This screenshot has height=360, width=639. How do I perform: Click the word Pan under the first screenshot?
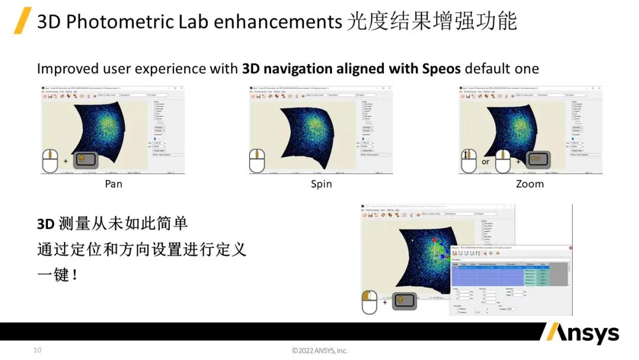pyautogui.click(x=114, y=184)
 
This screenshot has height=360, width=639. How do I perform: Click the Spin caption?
pyautogui.click(x=321, y=184)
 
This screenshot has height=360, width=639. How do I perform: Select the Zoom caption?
pyautogui.click(x=530, y=184)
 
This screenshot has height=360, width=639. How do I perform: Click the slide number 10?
pyautogui.click(x=37, y=351)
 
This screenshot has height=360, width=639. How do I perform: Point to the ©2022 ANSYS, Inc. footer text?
pyautogui.click(x=319, y=351)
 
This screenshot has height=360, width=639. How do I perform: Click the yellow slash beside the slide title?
pyautogui.click(x=22, y=21)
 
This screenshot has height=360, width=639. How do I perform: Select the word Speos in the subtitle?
pyautogui.click(x=441, y=68)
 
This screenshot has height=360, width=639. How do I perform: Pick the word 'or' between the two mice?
pyautogui.click(x=486, y=162)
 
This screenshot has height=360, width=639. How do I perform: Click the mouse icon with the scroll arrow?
pyautogui.click(x=470, y=160)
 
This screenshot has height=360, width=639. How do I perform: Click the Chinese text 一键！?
pyautogui.click(x=57, y=275)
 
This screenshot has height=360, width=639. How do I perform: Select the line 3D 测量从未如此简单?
pyautogui.click(x=112, y=223)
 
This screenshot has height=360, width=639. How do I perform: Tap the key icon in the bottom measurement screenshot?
pyautogui.click(x=405, y=301)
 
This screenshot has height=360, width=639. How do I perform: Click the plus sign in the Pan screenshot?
pyautogui.click(x=65, y=160)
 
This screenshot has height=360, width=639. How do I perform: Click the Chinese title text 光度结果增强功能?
pyautogui.click(x=432, y=22)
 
